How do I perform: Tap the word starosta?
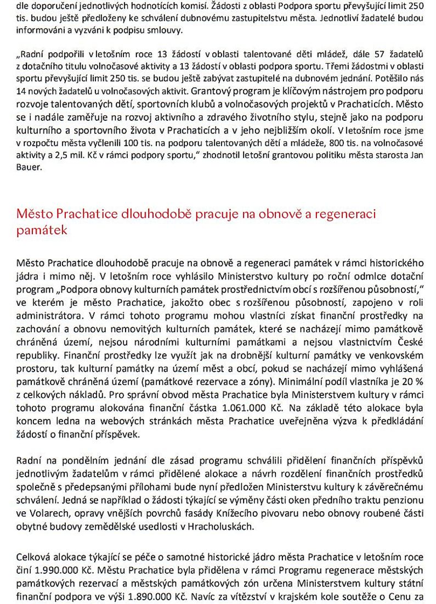378,155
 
